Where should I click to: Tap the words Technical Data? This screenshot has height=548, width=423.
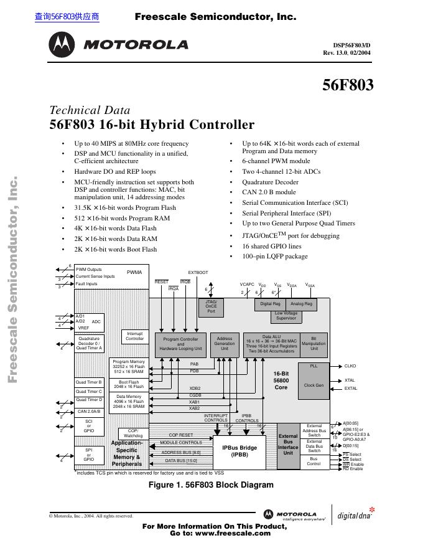[90, 111]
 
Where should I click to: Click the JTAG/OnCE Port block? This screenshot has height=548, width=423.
[211, 308]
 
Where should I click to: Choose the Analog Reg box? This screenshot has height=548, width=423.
[302, 305]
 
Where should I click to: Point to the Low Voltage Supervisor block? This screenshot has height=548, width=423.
[286, 316]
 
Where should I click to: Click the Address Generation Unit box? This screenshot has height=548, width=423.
[225, 344]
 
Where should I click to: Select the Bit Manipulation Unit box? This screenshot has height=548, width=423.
[314, 344]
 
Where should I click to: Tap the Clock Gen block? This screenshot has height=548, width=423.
[314, 385]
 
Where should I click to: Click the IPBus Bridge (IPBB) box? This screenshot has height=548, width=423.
[239, 451]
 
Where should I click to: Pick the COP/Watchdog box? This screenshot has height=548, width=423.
[132, 433]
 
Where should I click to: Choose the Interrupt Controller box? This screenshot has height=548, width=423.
[134, 336]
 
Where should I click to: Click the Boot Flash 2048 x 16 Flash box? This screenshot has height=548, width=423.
[129, 384]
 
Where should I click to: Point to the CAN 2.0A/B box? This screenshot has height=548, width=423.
[89, 412]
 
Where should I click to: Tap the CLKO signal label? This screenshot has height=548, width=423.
[350, 367]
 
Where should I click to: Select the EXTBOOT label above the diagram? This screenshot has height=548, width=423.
[198, 273]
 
